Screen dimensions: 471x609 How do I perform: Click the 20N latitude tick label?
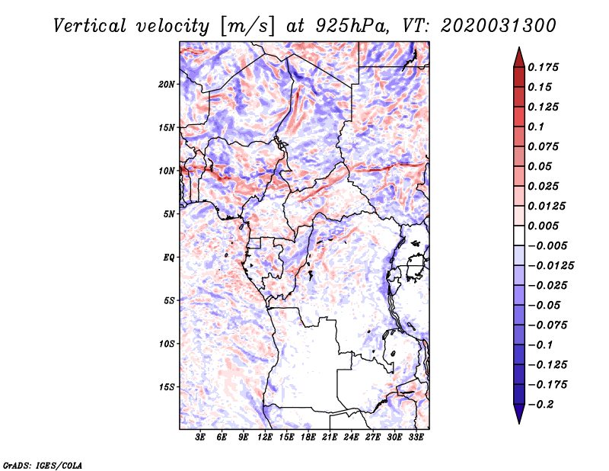[167, 84]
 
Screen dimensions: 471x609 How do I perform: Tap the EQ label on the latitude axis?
[168, 258]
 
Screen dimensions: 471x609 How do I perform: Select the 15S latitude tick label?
[167, 387]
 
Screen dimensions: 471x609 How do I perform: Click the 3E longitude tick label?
[201, 438]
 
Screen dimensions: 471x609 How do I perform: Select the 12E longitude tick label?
[266, 438]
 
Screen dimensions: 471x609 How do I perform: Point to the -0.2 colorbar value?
[543, 404]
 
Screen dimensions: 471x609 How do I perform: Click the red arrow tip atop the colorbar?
[518, 53]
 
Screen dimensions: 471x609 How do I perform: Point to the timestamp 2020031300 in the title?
[487, 25]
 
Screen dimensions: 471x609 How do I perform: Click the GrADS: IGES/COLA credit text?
[43, 463]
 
